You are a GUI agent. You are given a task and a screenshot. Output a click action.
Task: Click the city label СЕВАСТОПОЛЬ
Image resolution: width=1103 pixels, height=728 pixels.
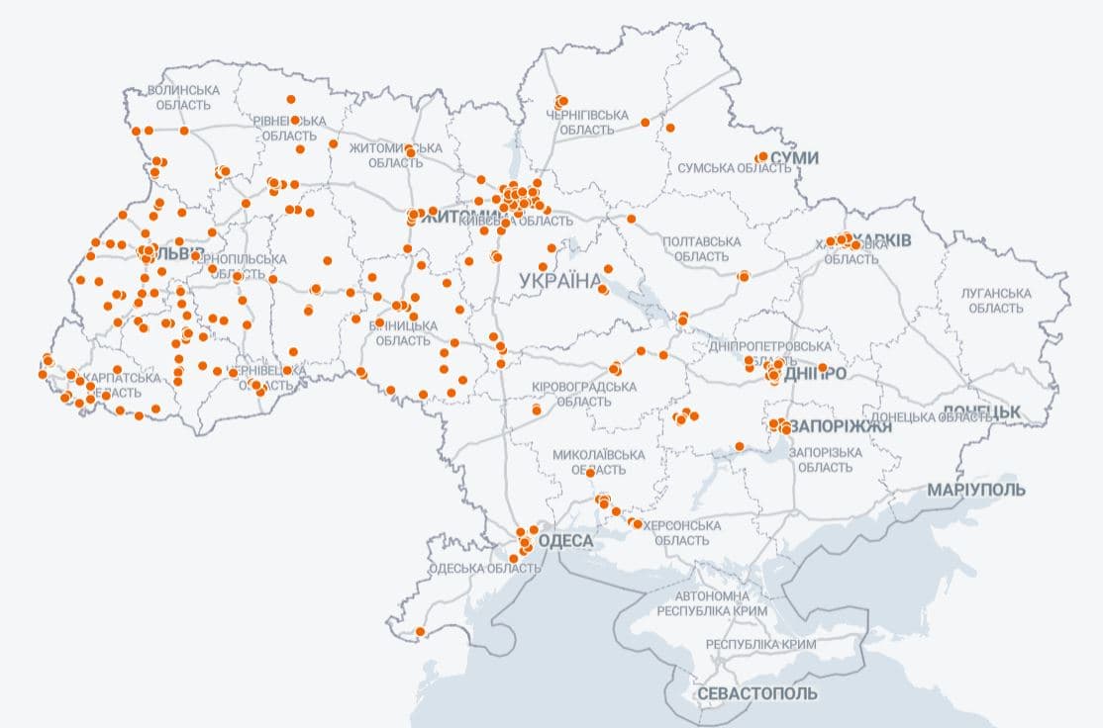(x=757, y=693)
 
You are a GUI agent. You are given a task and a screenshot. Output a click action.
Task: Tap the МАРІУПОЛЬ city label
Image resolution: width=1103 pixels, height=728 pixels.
(x=975, y=490)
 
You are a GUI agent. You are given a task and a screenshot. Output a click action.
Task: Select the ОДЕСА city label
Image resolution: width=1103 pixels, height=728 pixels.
(x=565, y=541)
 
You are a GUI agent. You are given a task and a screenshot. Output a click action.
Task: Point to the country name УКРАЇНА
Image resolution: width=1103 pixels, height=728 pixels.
(x=559, y=281)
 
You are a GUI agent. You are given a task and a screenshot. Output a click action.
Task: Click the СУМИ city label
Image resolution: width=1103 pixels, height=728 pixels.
(x=795, y=157)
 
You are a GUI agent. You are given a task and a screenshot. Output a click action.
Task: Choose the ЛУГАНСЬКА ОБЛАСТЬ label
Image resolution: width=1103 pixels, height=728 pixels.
(x=996, y=301)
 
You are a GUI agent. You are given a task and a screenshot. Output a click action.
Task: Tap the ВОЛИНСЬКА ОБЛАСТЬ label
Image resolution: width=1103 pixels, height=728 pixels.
(x=183, y=97)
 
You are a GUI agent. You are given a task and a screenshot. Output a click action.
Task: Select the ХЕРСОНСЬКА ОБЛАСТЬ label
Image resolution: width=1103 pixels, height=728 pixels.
(x=682, y=533)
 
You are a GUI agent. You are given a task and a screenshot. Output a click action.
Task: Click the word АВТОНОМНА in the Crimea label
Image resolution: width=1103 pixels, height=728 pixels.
(x=712, y=596)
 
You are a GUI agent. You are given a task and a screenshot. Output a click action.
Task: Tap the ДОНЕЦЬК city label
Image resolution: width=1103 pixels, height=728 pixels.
(x=980, y=411)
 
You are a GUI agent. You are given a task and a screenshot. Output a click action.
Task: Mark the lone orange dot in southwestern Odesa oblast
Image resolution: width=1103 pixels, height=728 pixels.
(x=420, y=631)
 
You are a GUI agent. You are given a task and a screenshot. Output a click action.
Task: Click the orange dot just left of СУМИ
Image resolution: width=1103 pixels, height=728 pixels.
(x=761, y=157)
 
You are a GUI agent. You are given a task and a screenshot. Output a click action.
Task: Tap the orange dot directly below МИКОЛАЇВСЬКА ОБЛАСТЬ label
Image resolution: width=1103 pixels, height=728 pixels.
(x=590, y=473)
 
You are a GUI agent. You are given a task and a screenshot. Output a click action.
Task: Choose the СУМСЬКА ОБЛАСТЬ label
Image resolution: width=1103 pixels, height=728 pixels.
(x=734, y=169)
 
